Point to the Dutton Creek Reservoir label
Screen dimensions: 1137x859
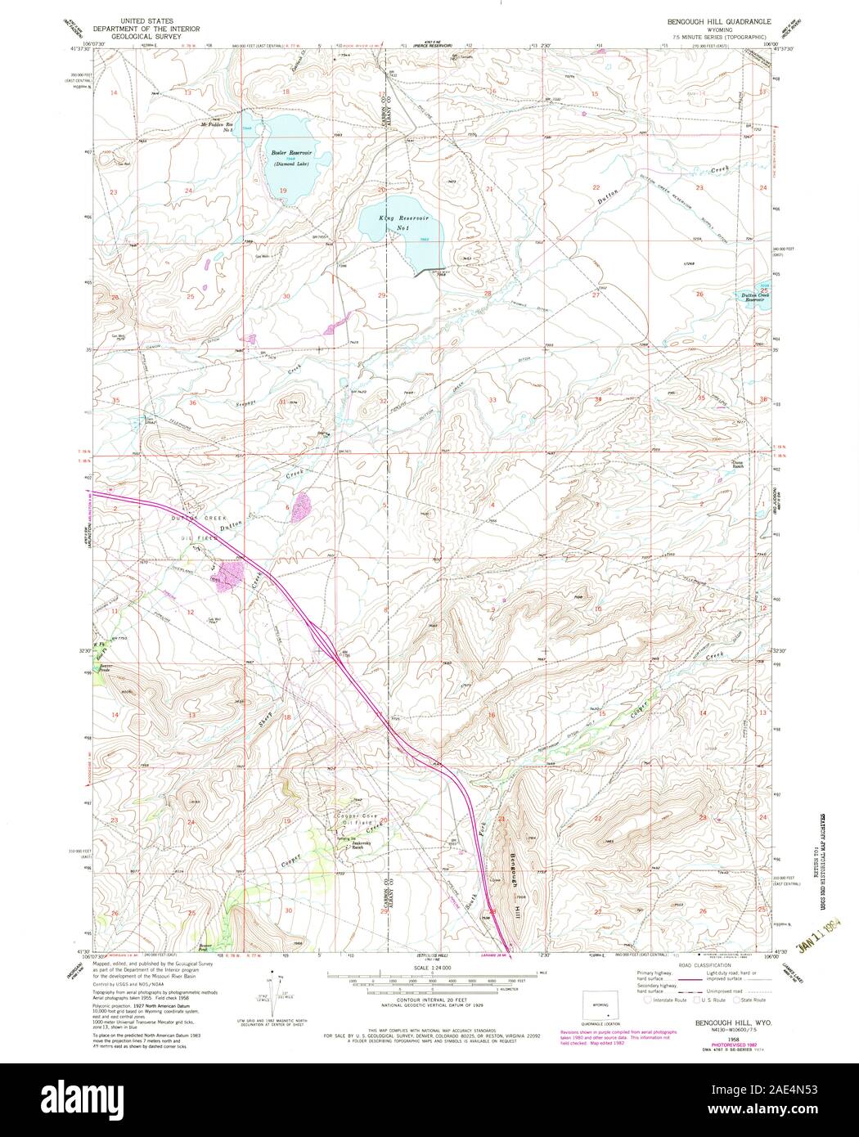tap(749, 297)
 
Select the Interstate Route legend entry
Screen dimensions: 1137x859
tap(668, 1000)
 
